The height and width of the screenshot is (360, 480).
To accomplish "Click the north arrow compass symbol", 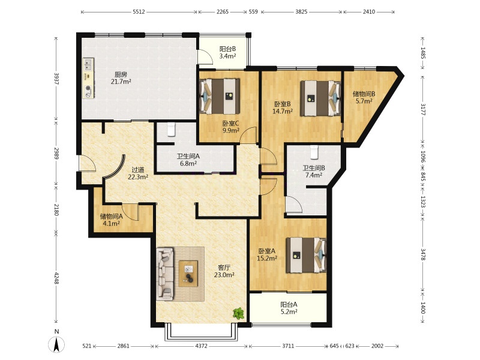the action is pyautogui.click(x=56, y=344).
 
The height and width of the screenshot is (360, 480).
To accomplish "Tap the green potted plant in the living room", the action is pyautogui.click(x=238, y=313).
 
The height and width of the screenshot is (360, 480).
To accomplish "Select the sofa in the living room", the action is pyautogui.click(x=164, y=274).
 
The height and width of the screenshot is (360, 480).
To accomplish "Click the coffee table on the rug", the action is pyautogui.click(x=188, y=274).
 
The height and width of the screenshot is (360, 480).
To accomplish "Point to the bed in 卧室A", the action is pyautogui.click(x=306, y=255).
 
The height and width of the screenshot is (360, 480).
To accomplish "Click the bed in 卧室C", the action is pyautogui.click(x=220, y=97).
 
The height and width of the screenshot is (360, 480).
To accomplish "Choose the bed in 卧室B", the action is pyautogui.click(x=320, y=98).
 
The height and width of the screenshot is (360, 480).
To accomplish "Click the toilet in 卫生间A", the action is pyautogui.click(x=171, y=129).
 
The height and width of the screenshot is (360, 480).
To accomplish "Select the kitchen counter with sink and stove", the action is pyautogui.click(x=88, y=79).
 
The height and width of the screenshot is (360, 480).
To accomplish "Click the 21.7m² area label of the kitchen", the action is pyautogui.click(x=121, y=82).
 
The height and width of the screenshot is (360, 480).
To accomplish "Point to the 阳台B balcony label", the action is pyautogui.click(x=228, y=49).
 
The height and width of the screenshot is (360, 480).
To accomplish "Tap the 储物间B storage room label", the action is pyautogui.click(x=364, y=94).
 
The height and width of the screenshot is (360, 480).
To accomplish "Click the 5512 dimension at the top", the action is pyautogui.click(x=139, y=12).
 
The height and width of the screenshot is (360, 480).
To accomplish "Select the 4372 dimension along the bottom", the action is pyautogui.click(x=201, y=346).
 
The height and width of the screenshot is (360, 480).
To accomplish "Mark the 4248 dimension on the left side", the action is pyautogui.click(x=56, y=278).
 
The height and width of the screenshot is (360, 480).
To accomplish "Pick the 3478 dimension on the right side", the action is pyautogui.click(x=423, y=254).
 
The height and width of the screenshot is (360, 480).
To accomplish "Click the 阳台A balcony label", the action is pyautogui.click(x=289, y=305).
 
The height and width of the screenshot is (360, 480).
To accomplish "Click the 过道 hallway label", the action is pyautogui.click(x=138, y=170).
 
